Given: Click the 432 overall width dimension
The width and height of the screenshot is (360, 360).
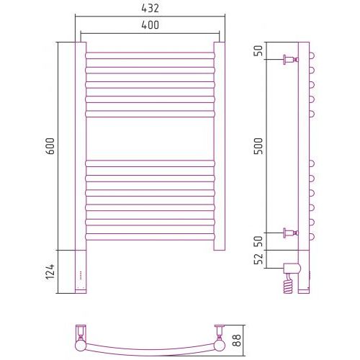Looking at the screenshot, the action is tap(150, 9).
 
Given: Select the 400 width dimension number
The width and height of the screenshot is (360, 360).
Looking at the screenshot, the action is tap(150, 25).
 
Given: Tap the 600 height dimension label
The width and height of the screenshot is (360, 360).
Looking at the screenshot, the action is tap(50, 146).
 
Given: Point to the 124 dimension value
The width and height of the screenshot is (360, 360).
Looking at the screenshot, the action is tap(50, 271).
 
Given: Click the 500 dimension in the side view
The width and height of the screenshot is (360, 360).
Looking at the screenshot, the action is tap(258, 146).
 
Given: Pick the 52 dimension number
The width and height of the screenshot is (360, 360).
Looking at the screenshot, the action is tap(258, 258).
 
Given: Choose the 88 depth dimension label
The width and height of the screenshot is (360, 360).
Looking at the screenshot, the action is tap(237, 341).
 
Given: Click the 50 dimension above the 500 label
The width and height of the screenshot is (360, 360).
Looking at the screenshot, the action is tap(258, 50).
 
